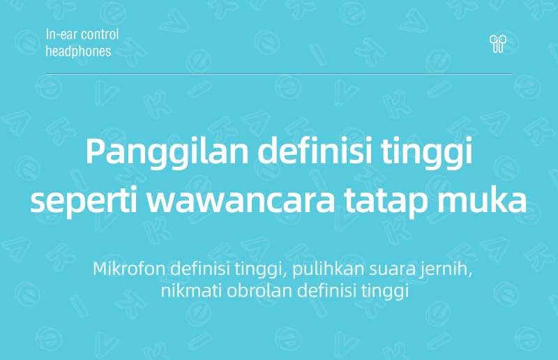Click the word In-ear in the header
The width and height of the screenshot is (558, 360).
57,35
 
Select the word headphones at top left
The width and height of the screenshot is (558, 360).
78,51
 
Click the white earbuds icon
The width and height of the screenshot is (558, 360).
497,44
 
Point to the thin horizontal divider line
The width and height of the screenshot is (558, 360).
279,74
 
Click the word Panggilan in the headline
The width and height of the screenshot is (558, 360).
167,152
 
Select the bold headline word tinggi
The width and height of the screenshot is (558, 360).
427,152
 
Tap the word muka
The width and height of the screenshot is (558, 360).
482,200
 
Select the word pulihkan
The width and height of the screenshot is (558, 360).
328,269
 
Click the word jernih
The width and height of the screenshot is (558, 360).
446,269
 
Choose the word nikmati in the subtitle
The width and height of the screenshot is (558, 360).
192,291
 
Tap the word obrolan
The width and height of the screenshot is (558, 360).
259,291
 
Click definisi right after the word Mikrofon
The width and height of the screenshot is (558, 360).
200,269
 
